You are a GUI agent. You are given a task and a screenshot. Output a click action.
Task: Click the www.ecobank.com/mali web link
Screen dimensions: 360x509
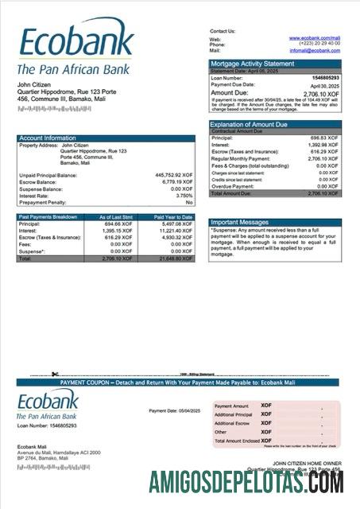coord(315,37)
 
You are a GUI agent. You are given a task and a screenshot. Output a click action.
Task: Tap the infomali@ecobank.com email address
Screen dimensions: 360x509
coord(315,50)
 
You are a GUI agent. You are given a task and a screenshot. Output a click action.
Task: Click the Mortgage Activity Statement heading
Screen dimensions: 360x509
coord(252,63)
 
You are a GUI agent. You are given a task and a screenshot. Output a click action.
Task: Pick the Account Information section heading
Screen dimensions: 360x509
coord(48,138)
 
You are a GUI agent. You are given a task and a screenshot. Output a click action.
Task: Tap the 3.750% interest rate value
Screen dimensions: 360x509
coord(184,195)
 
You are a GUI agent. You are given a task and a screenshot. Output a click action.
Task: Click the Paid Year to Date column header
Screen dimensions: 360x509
coord(173,216)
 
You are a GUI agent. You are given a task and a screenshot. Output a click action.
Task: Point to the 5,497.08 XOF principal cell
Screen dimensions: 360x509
coord(177,223)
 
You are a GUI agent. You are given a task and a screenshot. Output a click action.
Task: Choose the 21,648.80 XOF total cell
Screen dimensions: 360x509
coord(176,259)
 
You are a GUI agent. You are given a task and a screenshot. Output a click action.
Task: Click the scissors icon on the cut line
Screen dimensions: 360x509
coord(55,374)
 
